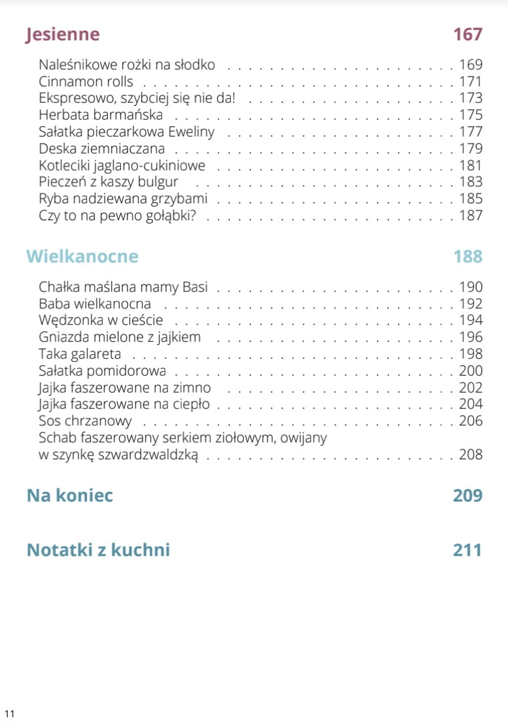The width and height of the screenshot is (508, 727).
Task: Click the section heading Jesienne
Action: coord(63,35)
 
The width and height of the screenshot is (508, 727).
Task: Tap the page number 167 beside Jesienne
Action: coord(467,35)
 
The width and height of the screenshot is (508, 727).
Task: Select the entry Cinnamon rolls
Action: coord(86,82)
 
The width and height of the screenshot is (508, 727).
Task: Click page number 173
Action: coord(470,99)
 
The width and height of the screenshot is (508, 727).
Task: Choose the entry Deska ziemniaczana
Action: coord(101,148)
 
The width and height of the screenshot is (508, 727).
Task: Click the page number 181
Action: coord(470,165)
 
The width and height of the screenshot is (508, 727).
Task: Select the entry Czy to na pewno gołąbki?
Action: coord(118,216)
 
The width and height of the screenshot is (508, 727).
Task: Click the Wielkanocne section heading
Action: coord(82,256)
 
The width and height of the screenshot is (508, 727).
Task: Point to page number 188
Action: coord(467,256)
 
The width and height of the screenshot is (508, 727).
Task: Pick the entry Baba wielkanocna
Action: coord(95,304)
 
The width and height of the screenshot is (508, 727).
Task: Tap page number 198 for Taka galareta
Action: coord(470,354)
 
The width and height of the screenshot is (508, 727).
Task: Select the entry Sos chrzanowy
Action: coord(85,421)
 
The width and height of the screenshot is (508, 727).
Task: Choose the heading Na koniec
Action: coord(70,495)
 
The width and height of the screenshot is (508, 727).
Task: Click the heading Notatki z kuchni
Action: coord(98,550)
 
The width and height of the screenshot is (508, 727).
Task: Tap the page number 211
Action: coord(467,550)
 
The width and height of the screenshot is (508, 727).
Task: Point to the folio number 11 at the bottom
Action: coord(9,713)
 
